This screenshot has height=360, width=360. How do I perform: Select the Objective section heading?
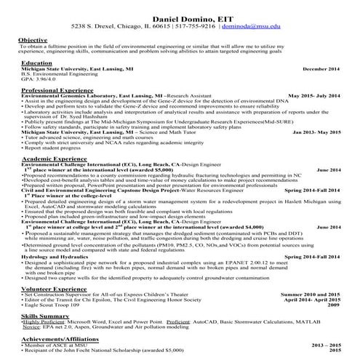click(33, 39)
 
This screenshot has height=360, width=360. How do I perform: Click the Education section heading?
click(37, 63)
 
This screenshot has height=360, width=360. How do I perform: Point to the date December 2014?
click(321, 68)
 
